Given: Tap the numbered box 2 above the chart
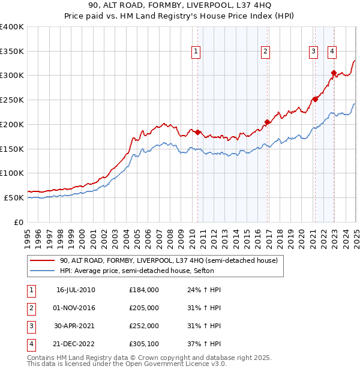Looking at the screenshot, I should [x=265, y=52].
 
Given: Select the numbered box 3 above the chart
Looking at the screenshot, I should [x=313, y=52].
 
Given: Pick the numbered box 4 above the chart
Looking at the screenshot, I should [x=332, y=52].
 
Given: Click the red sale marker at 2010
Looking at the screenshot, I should [x=197, y=132].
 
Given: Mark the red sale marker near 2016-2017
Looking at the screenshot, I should [x=268, y=122].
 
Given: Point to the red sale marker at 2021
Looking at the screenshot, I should [x=314, y=99].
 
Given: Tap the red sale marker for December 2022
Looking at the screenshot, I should [x=334, y=73].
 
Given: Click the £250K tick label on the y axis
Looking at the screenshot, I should [x=11, y=100].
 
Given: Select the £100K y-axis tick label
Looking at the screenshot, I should [x=11, y=173].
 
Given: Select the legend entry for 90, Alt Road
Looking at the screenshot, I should [x=168, y=261].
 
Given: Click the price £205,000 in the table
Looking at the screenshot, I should [x=144, y=308].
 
